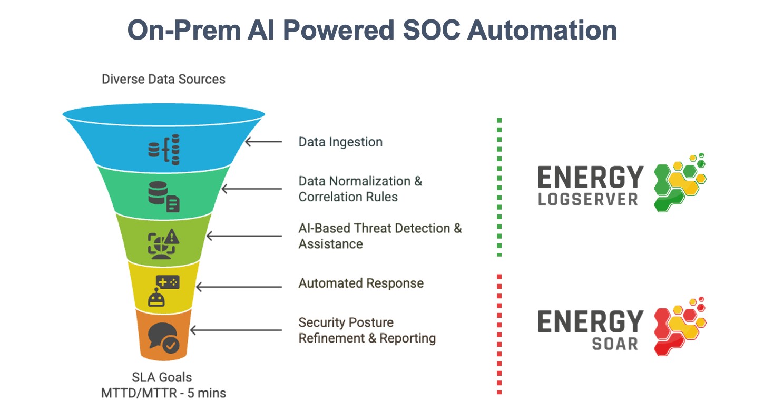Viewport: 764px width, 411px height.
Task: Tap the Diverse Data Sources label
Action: [163, 80]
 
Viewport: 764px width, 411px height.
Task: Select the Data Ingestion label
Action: [340, 142]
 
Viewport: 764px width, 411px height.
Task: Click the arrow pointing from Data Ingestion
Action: [263, 142]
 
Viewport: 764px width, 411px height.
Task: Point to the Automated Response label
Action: [361, 283]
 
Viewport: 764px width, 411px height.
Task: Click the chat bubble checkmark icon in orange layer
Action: [164, 338]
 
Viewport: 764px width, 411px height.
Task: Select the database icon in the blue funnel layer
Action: [164, 149]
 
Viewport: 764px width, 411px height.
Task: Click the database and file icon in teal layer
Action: [164, 197]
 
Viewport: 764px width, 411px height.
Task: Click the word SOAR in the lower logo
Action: [615, 344]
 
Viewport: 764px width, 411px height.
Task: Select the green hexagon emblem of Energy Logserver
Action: [679, 182]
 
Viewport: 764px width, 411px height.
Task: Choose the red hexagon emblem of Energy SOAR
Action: [680, 326]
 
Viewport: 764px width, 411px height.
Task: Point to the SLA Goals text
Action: [162, 377]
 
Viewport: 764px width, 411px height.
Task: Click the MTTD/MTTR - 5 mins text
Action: [163, 393]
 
